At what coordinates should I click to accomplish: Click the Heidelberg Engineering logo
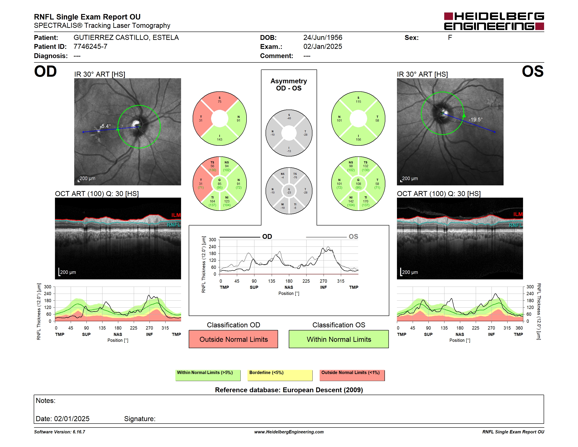tap(494, 21)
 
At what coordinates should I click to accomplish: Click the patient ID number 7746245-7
tap(90, 47)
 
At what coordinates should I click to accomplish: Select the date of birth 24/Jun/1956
tap(323, 38)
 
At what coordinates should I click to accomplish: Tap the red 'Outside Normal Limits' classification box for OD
tap(233, 339)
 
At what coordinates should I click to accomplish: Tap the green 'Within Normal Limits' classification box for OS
tap(339, 339)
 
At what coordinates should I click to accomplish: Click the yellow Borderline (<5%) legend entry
tap(280, 375)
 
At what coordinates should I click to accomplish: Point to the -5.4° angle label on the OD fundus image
tap(105, 126)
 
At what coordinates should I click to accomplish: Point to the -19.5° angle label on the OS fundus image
tap(476, 120)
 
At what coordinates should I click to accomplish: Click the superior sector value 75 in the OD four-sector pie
tap(220, 102)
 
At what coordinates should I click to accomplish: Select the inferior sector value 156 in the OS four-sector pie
tap(358, 140)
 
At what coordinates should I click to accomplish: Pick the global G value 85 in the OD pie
tap(219, 184)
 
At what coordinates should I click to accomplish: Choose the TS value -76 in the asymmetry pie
tap(295, 177)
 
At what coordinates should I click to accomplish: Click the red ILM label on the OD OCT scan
tap(176, 215)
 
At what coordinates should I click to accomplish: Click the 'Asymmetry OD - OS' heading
tap(289, 85)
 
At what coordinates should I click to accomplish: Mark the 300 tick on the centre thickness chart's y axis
tap(213, 240)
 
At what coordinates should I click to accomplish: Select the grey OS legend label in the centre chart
tap(353, 236)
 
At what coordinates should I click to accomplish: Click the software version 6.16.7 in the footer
tap(79, 432)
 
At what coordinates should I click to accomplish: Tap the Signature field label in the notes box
tap(140, 419)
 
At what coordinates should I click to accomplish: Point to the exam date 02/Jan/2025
tap(323, 47)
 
